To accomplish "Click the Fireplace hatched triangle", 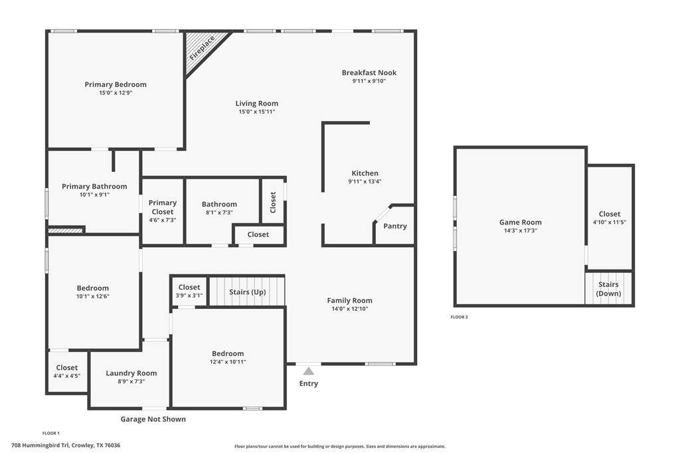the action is pyautogui.click(x=201, y=48).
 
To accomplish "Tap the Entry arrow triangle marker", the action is pyautogui.click(x=308, y=371).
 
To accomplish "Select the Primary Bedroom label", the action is pyautogui.click(x=116, y=84).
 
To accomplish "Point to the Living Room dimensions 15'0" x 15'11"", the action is pyautogui.click(x=257, y=112).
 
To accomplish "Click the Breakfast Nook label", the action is pyautogui.click(x=369, y=72).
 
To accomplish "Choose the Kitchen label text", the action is pyautogui.click(x=365, y=173).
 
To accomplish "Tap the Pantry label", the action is pyautogui.click(x=395, y=226).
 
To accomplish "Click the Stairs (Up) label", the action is pyautogui.click(x=248, y=292).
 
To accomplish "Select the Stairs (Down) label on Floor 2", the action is pyautogui.click(x=608, y=289).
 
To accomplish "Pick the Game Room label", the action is pyautogui.click(x=521, y=222).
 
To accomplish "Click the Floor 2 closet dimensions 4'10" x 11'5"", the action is pyautogui.click(x=610, y=222).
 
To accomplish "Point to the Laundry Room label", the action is pyautogui.click(x=131, y=373).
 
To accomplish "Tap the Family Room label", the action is pyautogui.click(x=349, y=300).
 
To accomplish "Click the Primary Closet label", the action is pyautogui.click(x=163, y=207).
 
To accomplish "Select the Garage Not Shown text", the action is pyautogui.click(x=153, y=419).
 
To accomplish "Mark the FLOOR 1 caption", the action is pyautogui.click(x=50, y=433).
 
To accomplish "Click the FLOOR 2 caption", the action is pyautogui.click(x=460, y=317).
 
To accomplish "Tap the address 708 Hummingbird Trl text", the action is pyautogui.click(x=41, y=445).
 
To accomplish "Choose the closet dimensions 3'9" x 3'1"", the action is pyautogui.click(x=189, y=296).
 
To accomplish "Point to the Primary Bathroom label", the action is pyautogui.click(x=94, y=186).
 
